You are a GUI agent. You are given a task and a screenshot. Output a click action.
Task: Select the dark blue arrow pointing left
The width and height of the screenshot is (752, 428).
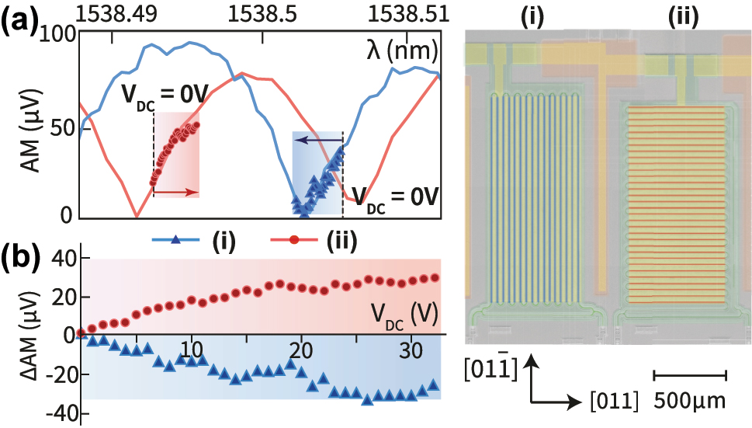tap(318, 141)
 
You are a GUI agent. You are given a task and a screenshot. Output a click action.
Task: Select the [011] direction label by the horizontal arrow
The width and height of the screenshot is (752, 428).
tap(613, 402)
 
